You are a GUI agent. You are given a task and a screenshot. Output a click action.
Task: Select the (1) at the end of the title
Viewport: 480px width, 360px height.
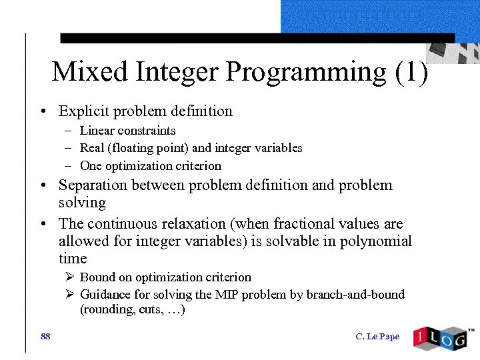tap(411, 72)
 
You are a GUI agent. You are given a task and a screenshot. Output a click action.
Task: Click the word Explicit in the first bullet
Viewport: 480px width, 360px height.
tap(83, 111)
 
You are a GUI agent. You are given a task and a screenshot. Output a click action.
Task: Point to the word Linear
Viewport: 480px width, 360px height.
tap(97, 131)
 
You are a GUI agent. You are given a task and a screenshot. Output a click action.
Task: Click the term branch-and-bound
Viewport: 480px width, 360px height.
tap(355, 295)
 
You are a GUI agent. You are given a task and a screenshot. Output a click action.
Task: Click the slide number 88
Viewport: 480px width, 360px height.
tap(45, 337)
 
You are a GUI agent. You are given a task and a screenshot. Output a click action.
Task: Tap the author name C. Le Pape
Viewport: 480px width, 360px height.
tap(377, 337)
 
